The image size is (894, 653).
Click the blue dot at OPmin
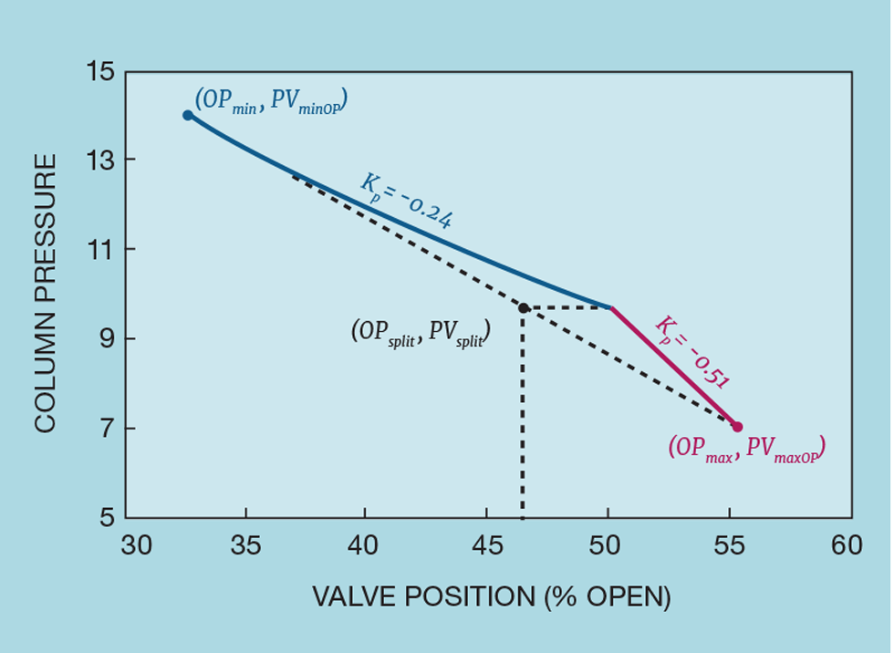click(x=187, y=115)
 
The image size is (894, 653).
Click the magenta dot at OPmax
click(x=737, y=427)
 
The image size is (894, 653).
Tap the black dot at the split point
click(x=523, y=308)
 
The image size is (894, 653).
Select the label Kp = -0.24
click(x=406, y=200)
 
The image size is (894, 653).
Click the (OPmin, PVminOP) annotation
click(x=271, y=100)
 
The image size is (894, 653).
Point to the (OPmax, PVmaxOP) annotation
click(x=746, y=448)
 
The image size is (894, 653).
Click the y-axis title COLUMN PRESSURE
click(x=47, y=292)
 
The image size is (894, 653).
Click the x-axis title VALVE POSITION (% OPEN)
click(x=492, y=597)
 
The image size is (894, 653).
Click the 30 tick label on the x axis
click(x=137, y=546)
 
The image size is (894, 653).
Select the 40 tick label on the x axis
click(x=365, y=546)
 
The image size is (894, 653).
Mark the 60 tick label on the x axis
click(x=847, y=546)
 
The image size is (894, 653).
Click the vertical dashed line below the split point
click(x=523, y=420)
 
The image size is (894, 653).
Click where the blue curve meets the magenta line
click(x=610, y=308)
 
